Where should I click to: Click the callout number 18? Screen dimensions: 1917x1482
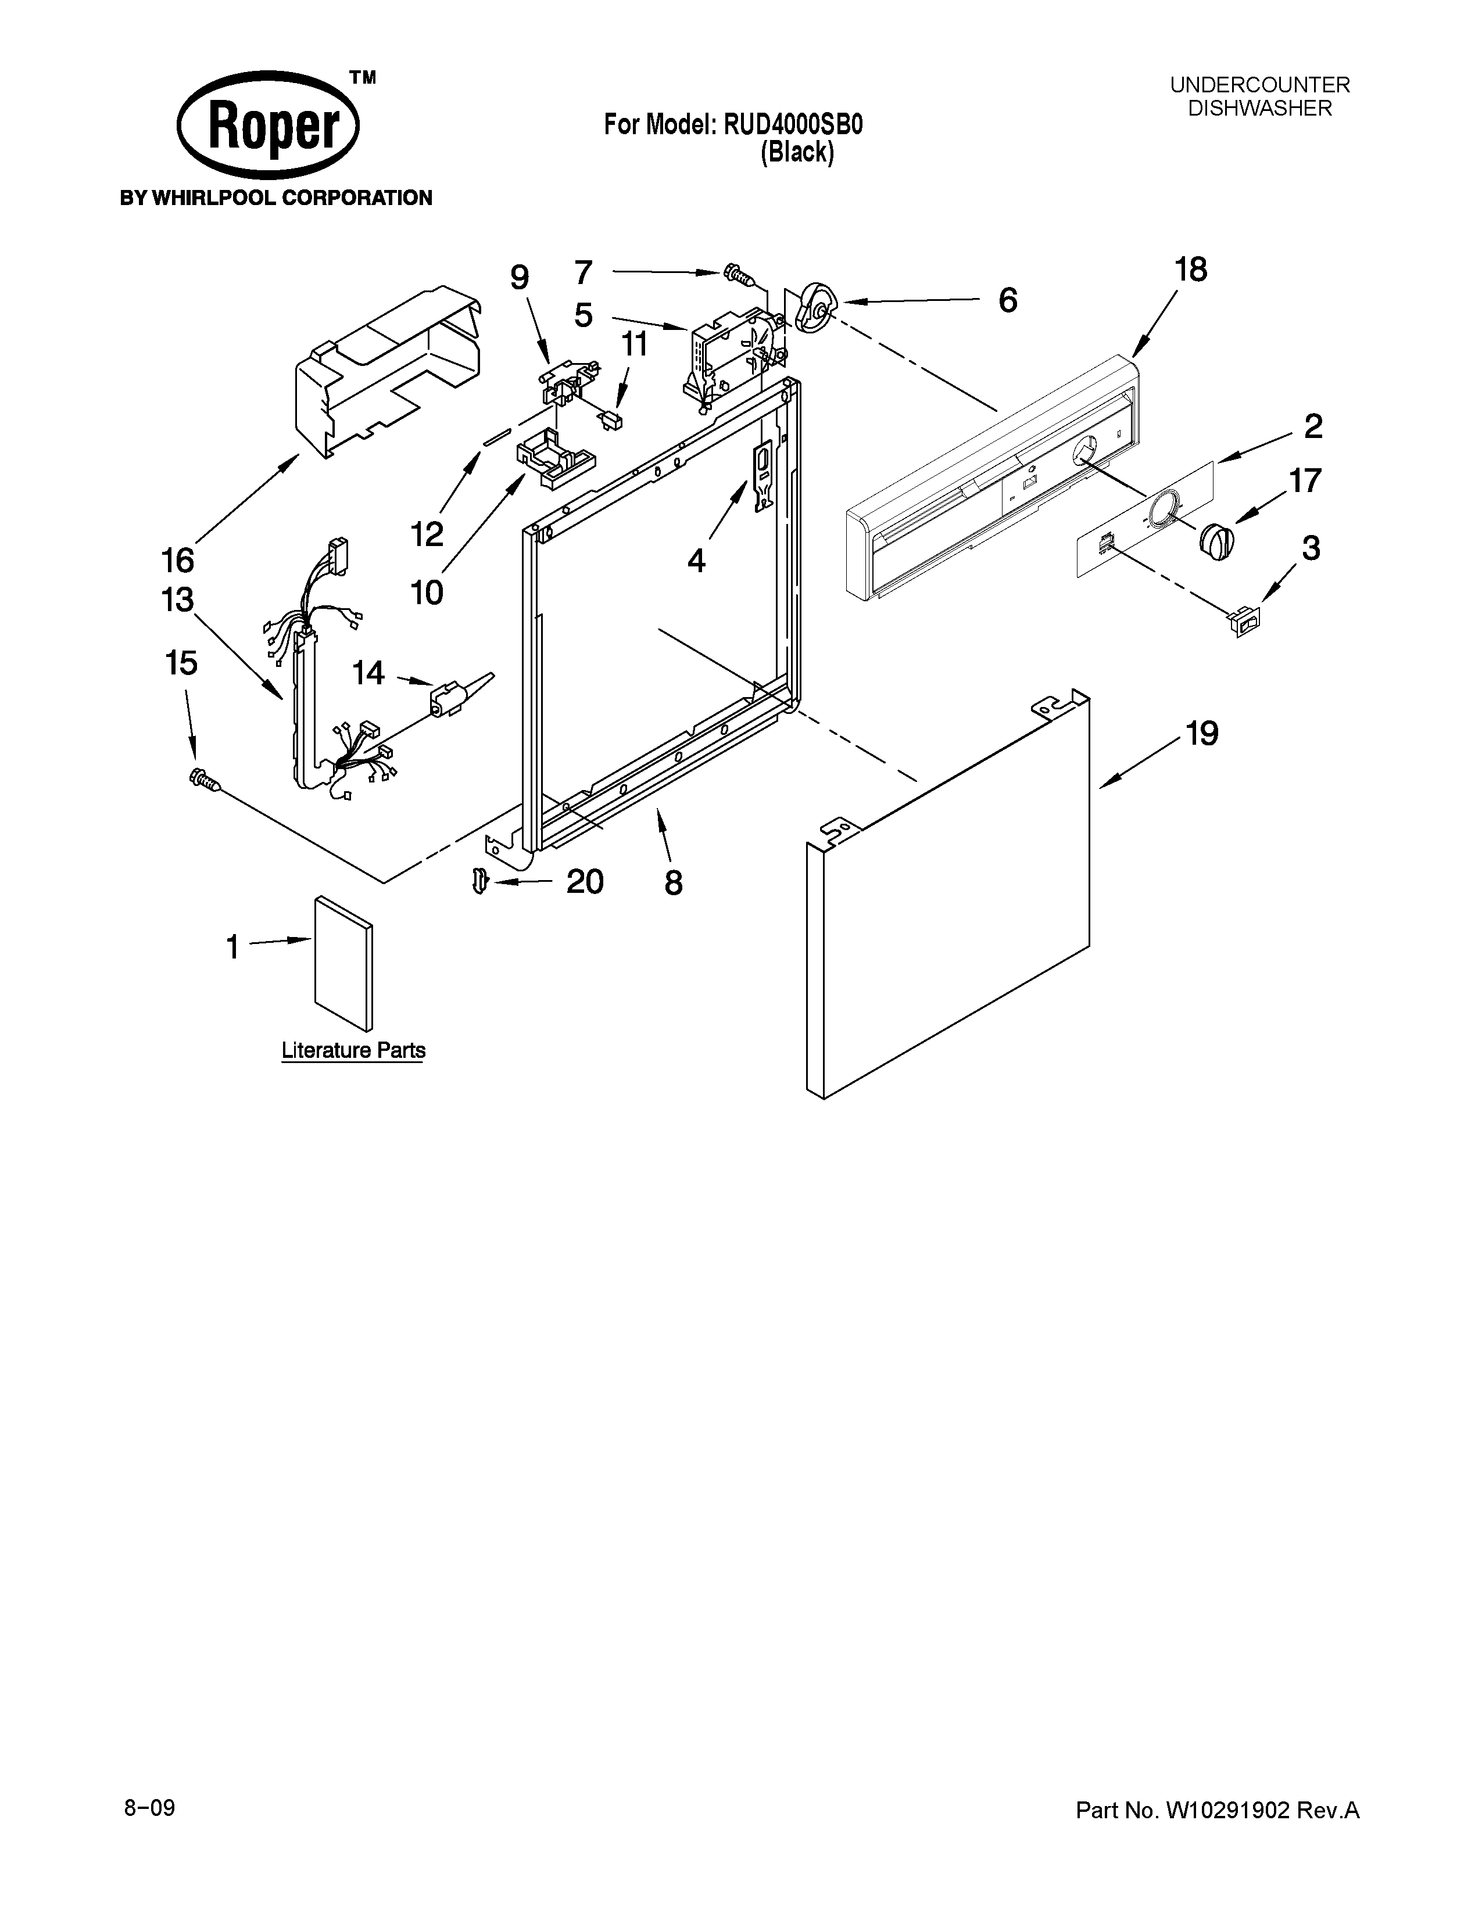pos(1190,270)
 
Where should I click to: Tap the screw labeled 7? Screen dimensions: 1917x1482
pos(738,275)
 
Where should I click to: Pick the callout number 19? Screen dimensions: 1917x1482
pos(1202,733)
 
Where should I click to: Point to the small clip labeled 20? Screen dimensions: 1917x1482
pos(478,881)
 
